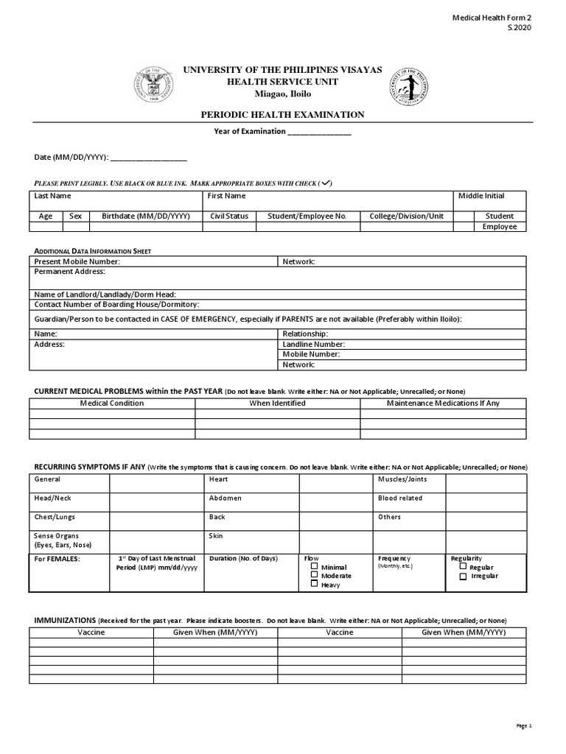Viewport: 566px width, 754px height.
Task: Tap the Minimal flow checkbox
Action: pyautogui.click(x=314, y=567)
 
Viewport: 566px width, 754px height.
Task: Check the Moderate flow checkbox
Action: pyautogui.click(x=314, y=575)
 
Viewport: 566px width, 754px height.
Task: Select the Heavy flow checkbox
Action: pyautogui.click(x=314, y=584)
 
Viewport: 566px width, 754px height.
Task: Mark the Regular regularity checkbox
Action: pyautogui.click(x=463, y=567)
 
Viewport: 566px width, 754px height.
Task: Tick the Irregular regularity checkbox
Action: pyautogui.click(x=463, y=576)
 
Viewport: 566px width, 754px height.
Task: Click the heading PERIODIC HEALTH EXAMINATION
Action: pyautogui.click(x=283, y=114)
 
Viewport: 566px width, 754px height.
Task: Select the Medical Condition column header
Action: pyautogui.click(x=112, y=403)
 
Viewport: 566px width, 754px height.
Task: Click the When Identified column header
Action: pyautogui.click(x=277, y=403)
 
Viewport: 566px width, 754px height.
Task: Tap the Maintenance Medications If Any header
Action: pyautogui.click(x=443, y=403)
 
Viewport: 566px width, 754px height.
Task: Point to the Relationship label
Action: pyautogui.click(x=305, y=334)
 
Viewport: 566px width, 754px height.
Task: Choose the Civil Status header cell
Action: pyautogui.click(x=229, y=216)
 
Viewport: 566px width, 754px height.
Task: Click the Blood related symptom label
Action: pyautogui.click(x=400, y=498)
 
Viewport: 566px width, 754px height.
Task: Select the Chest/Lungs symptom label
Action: pyautogui.click(x=55, y=517)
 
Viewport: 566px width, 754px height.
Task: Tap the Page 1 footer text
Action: pyautogui.click(x=523, y=726)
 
